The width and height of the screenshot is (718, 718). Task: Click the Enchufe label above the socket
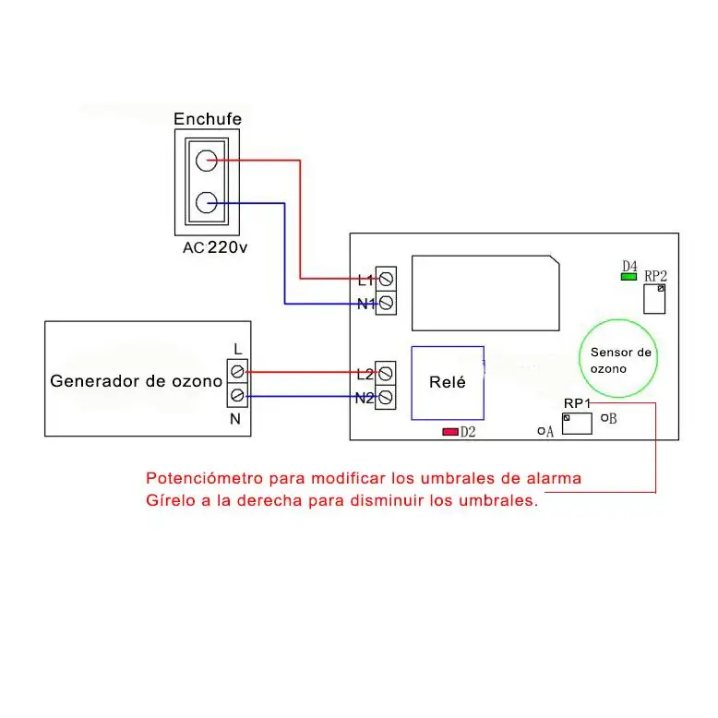(208, 119)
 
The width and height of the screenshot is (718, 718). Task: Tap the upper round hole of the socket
(206, 161)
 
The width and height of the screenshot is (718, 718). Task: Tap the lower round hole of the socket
(206, 202)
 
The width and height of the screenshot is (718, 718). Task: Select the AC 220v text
(215, 247)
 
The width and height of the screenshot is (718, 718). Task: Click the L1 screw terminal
(386, 279)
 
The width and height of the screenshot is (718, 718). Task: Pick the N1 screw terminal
(386, 303)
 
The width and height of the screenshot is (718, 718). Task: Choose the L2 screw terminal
(386, 374)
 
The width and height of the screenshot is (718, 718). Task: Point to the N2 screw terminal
(386, 398)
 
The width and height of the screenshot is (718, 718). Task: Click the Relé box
(448, 383)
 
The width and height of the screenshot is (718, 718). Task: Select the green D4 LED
(628, 277)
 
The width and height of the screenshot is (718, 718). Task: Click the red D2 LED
(450, 432)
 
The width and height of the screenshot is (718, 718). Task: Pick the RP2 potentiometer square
(654, 299)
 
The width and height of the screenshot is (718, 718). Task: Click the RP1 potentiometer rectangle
(577, 424)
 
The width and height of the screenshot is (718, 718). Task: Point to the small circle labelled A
(541, 431)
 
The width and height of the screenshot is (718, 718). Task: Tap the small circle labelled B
(604, 418)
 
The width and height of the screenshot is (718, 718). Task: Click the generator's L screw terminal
(237, 371)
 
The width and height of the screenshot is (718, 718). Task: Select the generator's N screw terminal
(237, 395)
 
